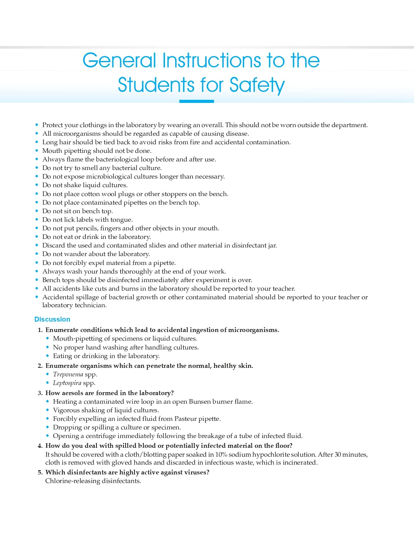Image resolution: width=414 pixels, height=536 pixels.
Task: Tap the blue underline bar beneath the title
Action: (x=197, y=101)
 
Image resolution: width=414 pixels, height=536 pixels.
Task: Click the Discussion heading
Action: (x=52, y=319)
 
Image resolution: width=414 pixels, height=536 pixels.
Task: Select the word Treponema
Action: (x=68, y=374)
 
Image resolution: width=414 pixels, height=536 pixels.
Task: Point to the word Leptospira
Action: (x=67, y=383)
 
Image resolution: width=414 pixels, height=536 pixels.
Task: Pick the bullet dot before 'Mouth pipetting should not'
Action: (x=37, y=151)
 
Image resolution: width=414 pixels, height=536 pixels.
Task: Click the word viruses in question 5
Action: (x=195, y=472)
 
